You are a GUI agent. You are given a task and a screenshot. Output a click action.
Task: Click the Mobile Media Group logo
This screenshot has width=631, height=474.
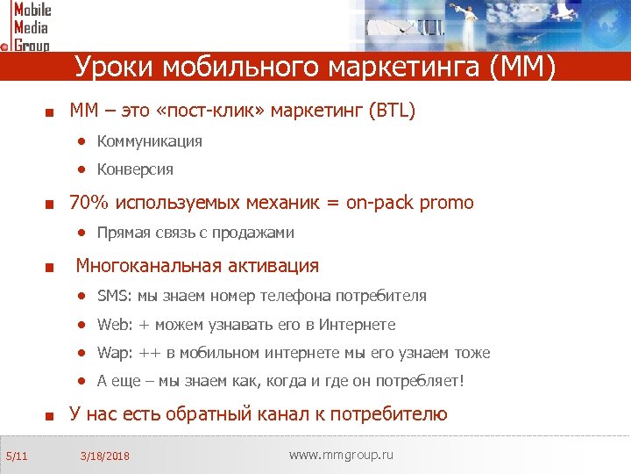[27, 26]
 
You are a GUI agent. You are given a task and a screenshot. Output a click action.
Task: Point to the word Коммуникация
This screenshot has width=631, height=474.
[150, 141]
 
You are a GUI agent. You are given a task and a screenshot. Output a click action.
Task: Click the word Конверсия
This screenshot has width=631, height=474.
[135, 169]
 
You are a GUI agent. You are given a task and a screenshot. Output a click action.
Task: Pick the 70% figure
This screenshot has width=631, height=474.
[89, 203]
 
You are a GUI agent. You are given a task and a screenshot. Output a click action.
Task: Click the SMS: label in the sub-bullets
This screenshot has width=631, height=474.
[115, 296]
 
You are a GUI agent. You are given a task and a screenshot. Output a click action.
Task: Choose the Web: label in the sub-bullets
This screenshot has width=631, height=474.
[115, 325]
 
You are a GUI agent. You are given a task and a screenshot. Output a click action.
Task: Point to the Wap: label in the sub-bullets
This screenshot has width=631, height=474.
[115, 353]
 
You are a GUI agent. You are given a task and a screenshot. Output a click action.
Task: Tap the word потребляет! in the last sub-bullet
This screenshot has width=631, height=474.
[420, 382]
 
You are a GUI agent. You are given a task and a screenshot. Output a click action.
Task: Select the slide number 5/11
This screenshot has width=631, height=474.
[16, 456]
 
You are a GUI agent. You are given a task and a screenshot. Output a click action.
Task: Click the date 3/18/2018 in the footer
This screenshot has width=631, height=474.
[104, 456]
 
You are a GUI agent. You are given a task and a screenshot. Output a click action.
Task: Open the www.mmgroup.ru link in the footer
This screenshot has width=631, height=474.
[341, 455]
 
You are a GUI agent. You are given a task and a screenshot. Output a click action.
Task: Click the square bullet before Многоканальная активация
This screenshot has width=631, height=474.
[51, 267]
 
